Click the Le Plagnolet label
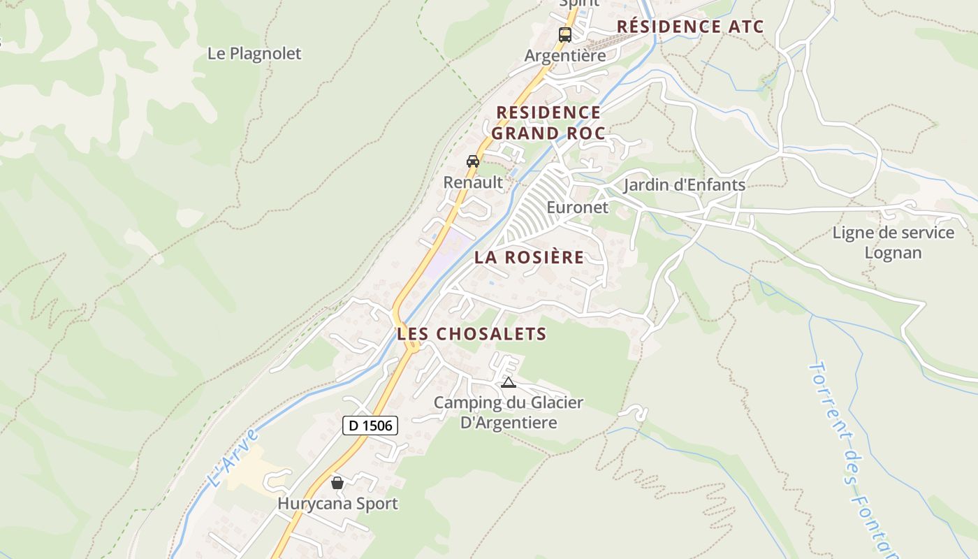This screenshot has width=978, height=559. click(254, 54)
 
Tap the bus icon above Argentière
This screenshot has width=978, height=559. click(564, 34)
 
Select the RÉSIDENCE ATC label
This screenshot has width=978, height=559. click(690, 27)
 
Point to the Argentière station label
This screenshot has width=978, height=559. click(565, 56)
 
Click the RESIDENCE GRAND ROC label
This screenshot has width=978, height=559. click(548, 123)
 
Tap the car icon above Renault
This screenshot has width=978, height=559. click(473, 161)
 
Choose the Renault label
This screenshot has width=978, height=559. click(473, 182)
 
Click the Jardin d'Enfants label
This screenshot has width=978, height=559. click(684, 185)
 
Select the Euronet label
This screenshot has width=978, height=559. click(577, 208)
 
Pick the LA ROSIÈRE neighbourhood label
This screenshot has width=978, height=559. click(529, 257)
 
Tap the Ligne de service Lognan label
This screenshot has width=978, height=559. click(893, 242)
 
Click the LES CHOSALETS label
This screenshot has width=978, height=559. click(472, 334)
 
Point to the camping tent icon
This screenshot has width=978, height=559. click(508, 382)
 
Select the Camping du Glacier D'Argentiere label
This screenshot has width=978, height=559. click(509, 412)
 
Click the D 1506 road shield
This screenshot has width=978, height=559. click(370, 425)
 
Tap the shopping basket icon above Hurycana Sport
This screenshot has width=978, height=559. click(337, 483)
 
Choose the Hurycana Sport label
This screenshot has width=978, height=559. click(337, 503)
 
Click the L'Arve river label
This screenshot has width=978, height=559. click(233, 458)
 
